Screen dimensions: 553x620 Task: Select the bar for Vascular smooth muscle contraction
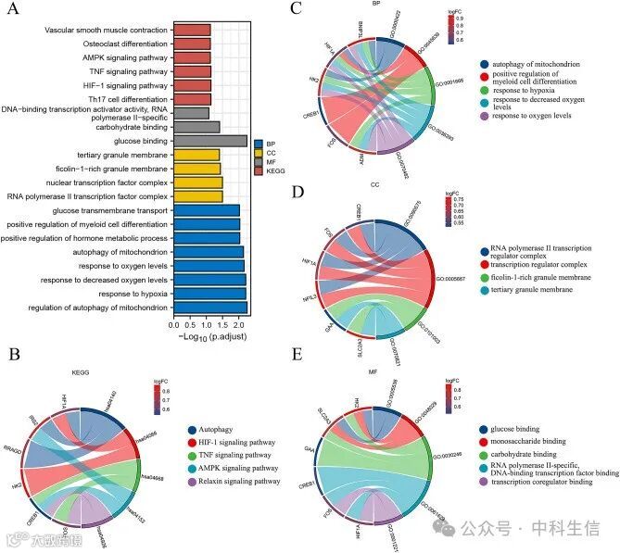(192, 30)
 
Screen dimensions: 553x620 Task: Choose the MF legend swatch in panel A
(259, 162)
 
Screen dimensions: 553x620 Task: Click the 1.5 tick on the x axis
(222, 325)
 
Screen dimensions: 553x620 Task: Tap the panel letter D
(297, 192)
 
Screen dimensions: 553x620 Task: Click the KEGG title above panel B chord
(82, 371)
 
